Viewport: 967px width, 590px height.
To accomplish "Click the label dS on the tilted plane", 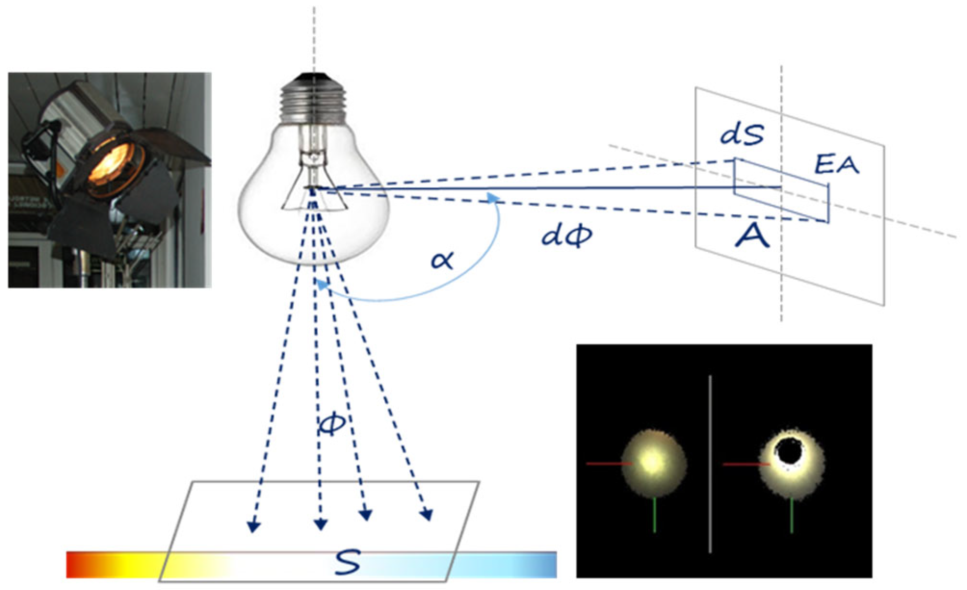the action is (x=742, y=134).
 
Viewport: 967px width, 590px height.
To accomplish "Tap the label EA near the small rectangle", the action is (x=836, y=165).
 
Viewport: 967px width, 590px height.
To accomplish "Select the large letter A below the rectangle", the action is (x=752, y=236).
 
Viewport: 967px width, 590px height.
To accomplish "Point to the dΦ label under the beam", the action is (x=567, y=236).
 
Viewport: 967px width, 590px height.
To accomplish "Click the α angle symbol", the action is (x=442, y=260).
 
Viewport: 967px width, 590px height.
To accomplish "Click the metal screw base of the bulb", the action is (x=313, y=100).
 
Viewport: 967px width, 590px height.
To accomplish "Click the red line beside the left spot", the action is (x=609, y=464).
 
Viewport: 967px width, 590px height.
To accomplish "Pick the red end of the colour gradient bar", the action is (x=74, y=565).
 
